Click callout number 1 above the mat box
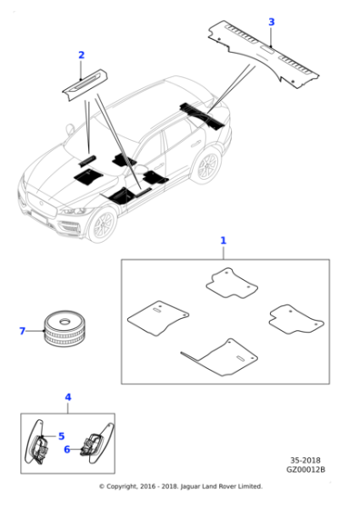223,241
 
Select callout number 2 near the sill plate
82,55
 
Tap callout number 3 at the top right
272,22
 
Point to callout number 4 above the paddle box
68,397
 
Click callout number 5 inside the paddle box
61,436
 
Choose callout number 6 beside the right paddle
67,449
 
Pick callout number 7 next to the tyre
22,331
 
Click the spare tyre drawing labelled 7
64,327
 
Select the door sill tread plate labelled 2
85,85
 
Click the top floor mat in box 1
232,283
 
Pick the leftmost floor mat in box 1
158,318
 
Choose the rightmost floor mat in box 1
296,319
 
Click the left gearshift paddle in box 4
36,442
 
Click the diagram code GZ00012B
305,469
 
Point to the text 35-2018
305,460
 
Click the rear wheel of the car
207,165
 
